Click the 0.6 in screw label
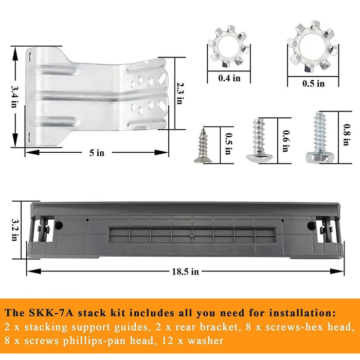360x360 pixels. (x=285, y=139)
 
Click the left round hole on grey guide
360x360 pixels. (x=59, y=225)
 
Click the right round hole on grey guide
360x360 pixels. (x=310, y=226)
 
